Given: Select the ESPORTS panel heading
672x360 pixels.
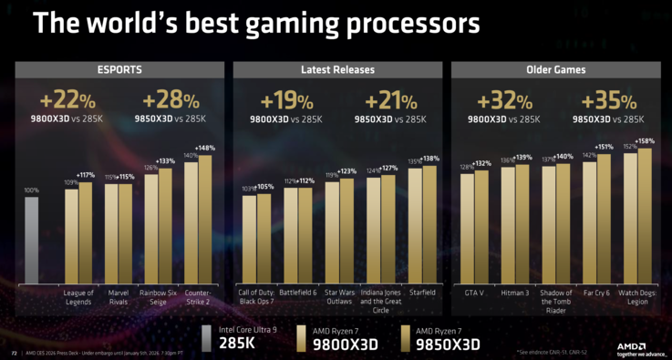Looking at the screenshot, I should point(119,68).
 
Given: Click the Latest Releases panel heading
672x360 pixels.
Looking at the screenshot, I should point(336,68).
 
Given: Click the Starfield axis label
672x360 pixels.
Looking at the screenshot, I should point(421,293).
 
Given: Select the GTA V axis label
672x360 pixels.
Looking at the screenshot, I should point(474,293).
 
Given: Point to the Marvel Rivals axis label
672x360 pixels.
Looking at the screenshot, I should point(118,298).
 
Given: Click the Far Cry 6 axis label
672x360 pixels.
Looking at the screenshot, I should point(596,293).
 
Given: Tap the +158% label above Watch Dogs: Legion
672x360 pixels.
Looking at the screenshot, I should point(645,141).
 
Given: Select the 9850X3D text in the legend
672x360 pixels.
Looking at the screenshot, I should point(447,345).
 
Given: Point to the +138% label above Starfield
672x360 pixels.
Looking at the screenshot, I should point(430,159).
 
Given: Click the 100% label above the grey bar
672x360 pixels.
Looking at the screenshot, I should point(31,190).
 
